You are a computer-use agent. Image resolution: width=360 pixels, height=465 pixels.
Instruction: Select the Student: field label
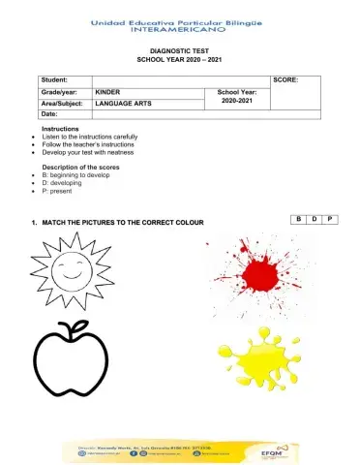56,78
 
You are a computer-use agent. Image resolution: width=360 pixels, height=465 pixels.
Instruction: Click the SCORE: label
287,78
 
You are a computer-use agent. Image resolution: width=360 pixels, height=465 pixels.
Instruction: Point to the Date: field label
49,113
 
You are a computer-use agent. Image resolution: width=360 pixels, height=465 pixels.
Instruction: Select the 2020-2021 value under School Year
235,100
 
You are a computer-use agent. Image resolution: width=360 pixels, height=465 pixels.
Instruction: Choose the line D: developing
75,183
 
